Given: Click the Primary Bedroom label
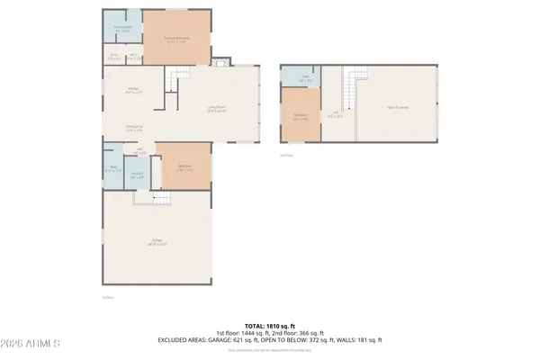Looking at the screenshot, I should [176, 39].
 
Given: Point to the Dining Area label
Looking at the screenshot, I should [134, 128].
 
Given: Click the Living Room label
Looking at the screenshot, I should [216, 109].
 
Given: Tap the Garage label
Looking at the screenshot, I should [157, 242].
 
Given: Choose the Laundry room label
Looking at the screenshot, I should [137, 175].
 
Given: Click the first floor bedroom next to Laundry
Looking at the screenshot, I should [184, 167].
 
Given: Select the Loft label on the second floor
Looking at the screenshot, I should [335, 113].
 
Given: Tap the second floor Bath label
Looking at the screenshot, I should [305, 77].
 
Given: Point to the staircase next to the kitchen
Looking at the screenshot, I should [173, 83].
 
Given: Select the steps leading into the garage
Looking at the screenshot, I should [159, 199].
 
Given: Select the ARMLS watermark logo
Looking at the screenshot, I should [31, 345].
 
